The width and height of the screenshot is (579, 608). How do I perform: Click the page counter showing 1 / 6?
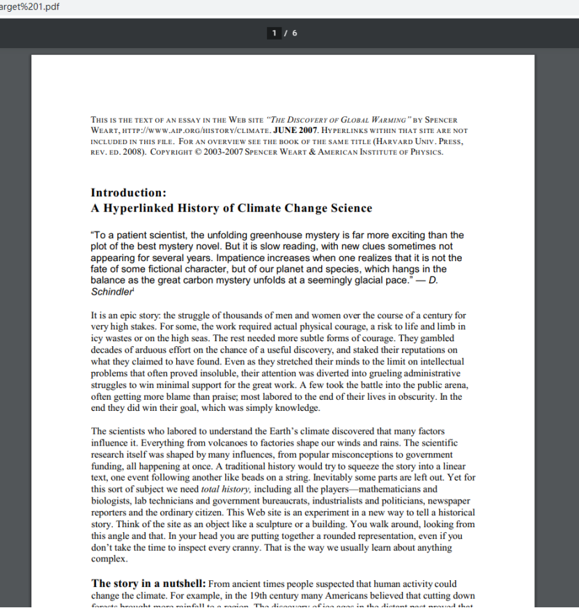coord(284,33)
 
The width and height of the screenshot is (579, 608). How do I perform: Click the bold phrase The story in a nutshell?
coord(148,583)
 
